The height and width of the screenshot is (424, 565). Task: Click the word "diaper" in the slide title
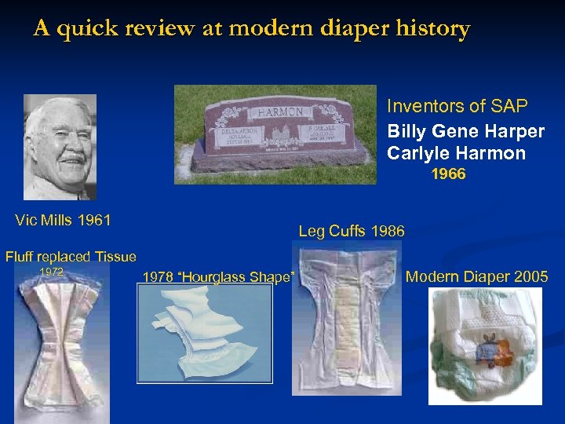359,30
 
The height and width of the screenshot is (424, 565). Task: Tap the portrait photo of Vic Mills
60,148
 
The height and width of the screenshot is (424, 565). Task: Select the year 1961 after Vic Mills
95,220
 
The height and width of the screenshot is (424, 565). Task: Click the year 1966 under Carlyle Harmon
449,174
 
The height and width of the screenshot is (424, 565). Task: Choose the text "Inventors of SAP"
457,105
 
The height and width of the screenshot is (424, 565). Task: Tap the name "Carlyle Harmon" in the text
456,153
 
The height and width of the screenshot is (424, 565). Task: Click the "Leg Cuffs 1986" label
352,231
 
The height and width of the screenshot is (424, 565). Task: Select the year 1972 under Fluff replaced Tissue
51,272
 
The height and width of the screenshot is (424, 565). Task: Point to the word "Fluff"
22,256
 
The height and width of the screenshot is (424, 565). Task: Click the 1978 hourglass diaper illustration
205,333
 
